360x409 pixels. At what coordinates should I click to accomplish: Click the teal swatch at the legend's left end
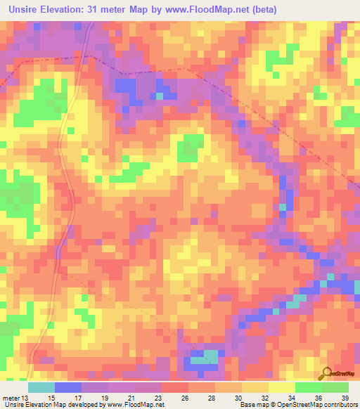41,387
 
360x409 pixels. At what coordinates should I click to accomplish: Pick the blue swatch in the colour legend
67,387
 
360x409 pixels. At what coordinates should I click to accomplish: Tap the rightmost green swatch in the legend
335,387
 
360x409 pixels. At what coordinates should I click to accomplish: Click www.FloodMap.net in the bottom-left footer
140,405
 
